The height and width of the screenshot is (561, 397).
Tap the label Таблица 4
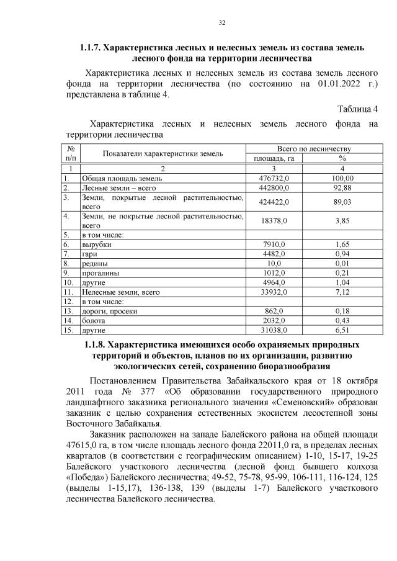357,109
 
